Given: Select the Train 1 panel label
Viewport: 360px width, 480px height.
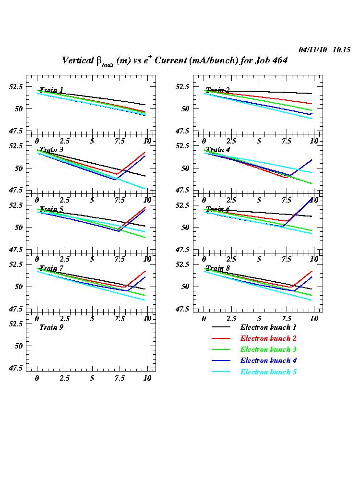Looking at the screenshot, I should (51, 90).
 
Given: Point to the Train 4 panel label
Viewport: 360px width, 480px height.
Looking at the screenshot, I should (218, 150).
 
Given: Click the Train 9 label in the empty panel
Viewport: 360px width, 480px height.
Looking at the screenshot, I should (51, 327).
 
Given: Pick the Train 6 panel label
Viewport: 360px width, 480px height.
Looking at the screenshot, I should (218, 209).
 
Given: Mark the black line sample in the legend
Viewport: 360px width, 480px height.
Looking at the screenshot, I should (221, 327).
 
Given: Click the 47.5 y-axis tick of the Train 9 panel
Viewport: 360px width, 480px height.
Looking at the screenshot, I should (14, 368).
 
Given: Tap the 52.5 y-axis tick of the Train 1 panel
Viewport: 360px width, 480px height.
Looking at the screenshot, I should (14, 87).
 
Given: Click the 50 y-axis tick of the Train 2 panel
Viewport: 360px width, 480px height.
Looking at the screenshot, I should (185, 109).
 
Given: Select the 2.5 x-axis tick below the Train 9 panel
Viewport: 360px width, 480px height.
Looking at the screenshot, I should (64, 378).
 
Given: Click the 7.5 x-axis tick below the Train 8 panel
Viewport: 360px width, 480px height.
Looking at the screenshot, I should (287, 319).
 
